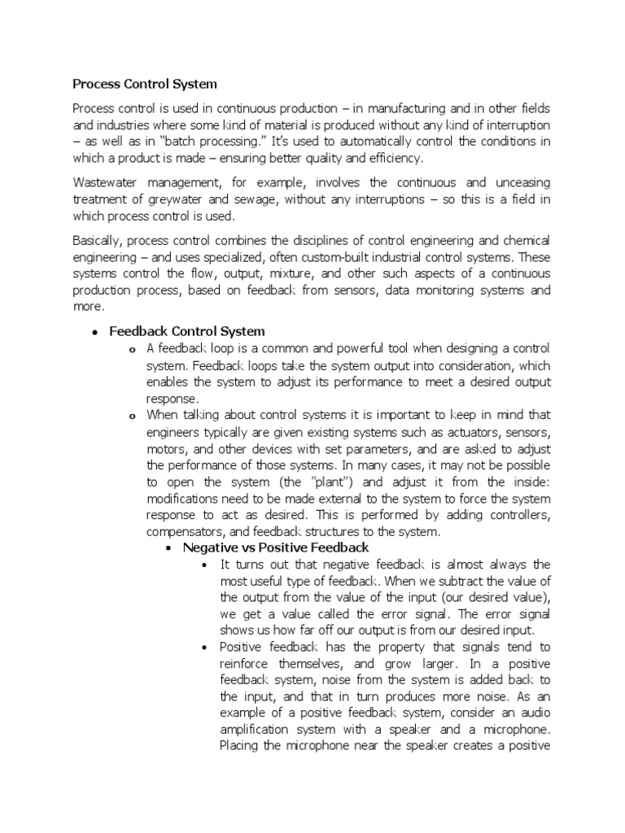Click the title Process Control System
click(145, 83)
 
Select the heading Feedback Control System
click(186, 331)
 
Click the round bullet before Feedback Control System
click(95, 332)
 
